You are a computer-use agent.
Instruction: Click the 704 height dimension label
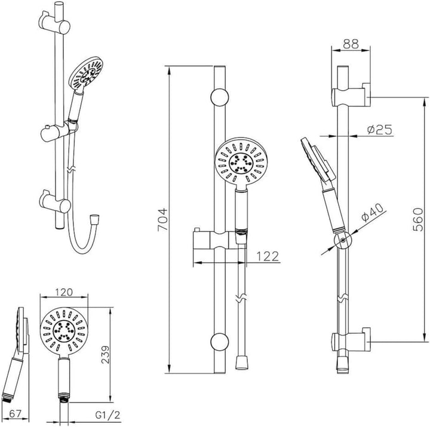point(162,219)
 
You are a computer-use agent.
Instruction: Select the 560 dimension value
point(418,219)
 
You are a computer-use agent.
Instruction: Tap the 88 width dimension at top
point(351,44)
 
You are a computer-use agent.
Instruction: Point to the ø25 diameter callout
point(380,130)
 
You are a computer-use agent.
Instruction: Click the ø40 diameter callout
point(373,212)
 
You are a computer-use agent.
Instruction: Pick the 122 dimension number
point(268,257)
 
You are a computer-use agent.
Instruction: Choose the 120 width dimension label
point(64,292)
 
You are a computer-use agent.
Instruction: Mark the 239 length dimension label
point(106,355)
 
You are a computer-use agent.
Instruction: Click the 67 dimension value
point(15,414)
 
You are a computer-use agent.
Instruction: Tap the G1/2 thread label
point(107,415)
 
